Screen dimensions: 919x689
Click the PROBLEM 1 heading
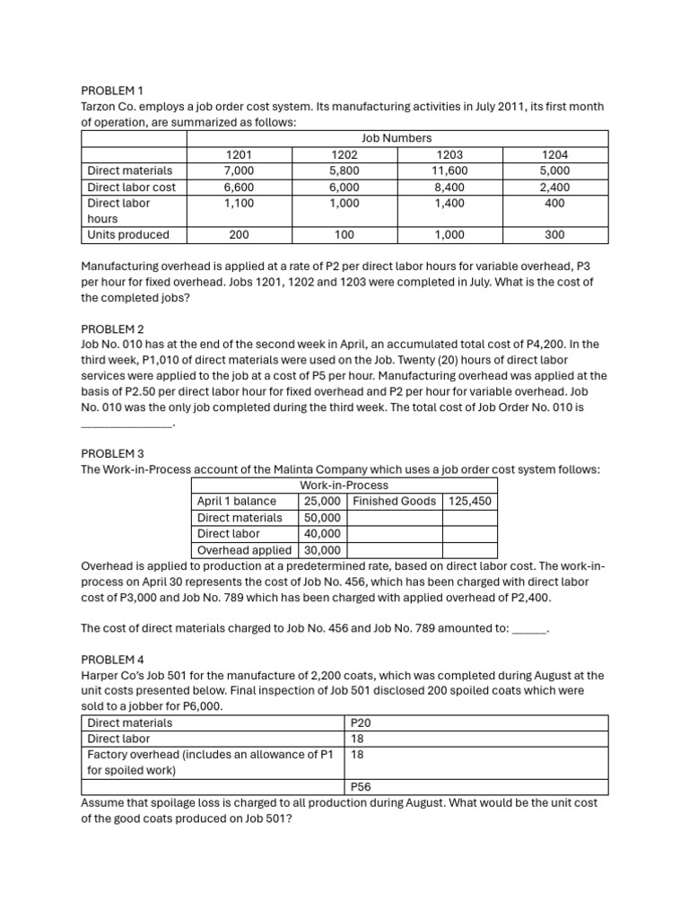point(112,91)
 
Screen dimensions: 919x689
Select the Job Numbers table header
point(396,138)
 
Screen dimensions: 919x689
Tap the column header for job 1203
point(449,154)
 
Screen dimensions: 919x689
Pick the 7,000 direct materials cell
point(240,171)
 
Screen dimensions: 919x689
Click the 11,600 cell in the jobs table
point(449,171)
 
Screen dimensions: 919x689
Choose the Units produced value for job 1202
point(344,235)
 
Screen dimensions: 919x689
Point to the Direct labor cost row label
point(131,187)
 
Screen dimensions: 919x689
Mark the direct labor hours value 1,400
point(449,203)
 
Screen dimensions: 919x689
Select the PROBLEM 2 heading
point(112,328)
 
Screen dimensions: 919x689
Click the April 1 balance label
point(237,501)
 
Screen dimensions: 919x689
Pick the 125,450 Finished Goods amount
point(470,501)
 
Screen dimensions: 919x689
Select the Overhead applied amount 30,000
point(322,550)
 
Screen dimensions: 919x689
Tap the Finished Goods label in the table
point(395,501)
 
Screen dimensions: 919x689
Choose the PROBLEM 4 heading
point(112,659)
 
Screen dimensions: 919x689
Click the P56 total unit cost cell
point(361,786)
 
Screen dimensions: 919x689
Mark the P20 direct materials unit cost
point(360,722)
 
